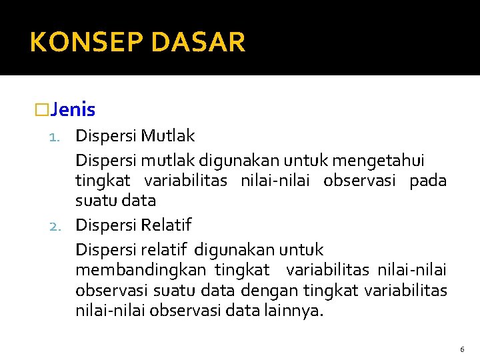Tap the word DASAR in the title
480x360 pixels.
(x=198, y=43)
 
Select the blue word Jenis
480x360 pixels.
(x=73, y=109)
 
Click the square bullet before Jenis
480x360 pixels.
(x=42, y=109)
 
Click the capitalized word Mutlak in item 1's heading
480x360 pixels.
(x=168, y=136)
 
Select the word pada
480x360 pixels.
(x=428, y=181)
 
